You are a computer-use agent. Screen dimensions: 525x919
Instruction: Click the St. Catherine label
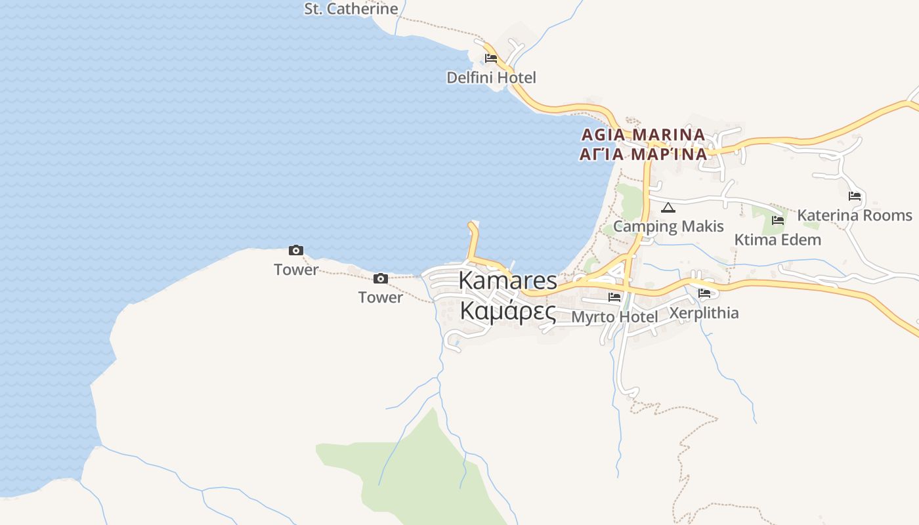pyautogui.click(x=351, y=9)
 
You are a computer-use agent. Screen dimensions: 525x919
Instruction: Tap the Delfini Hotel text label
pyautogui.click(x=491, y=77)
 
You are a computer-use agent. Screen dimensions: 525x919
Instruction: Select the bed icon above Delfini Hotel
pyautogui.click(x=490, y=58)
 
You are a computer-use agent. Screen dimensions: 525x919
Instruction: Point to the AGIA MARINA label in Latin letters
pyautogui.click(x=643, y=135)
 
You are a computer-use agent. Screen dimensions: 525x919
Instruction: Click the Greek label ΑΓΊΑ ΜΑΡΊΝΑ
pyautogui.click(x=643, y=154)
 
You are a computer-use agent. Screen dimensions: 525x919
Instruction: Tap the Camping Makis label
pyautogui.click(x=668, y=226)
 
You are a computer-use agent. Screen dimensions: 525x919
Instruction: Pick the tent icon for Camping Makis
pyautogui.click(x=668, y=208)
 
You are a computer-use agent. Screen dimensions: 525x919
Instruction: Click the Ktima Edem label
pyautogui.click(x=777, y=240)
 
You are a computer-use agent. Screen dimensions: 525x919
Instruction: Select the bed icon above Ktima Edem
pyautogui.click(x=778, y=220)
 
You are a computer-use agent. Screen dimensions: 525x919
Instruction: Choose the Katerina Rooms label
pyautogui.click(x=855, y=215)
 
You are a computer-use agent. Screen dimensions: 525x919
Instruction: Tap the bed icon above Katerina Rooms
pyautogui.click(x=855, y=196)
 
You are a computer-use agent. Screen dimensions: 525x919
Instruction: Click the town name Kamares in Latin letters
pyautogui.click(x=507, y=280)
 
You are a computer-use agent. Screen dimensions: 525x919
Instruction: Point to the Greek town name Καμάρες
pyautogui.click(x=507, y=311)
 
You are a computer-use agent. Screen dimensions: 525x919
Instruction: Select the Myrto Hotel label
pyautogui.click(x=614, y=317)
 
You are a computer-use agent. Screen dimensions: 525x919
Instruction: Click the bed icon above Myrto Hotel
pyautogui.click(x=614, y=297)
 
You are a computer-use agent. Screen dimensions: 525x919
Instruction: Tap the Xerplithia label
pyautogui.click(x=704, y=312)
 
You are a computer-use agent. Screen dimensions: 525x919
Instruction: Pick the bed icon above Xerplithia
pyautogui.click(x=704, y=293)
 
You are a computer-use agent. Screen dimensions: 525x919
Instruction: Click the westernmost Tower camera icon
pyautogui.click(x=296, y=251)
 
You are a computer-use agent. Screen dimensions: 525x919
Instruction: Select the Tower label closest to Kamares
pyautogui.click(x=381, y=297)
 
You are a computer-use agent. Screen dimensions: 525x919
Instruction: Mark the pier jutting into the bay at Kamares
pyautogui.click(x=472, y=240)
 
